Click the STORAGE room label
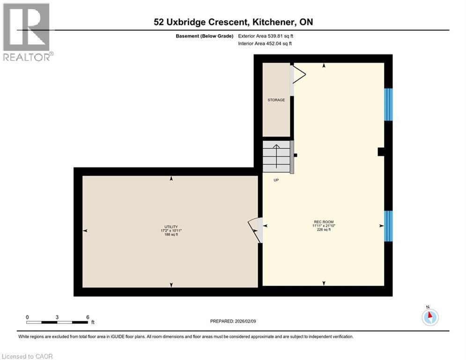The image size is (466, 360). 276,100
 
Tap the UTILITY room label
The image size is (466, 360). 171,226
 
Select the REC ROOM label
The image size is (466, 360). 324,222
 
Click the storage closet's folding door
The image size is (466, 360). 297,75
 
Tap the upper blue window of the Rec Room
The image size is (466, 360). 388,105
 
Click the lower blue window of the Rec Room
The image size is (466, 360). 388,226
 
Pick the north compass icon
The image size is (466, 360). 429,317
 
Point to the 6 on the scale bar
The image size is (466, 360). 88,317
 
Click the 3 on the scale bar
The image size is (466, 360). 57,317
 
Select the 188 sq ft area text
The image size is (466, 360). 171,234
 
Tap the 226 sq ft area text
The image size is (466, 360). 324,230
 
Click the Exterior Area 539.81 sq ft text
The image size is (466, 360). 266,36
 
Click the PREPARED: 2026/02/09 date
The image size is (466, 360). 234,321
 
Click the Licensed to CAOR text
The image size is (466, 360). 28,356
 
